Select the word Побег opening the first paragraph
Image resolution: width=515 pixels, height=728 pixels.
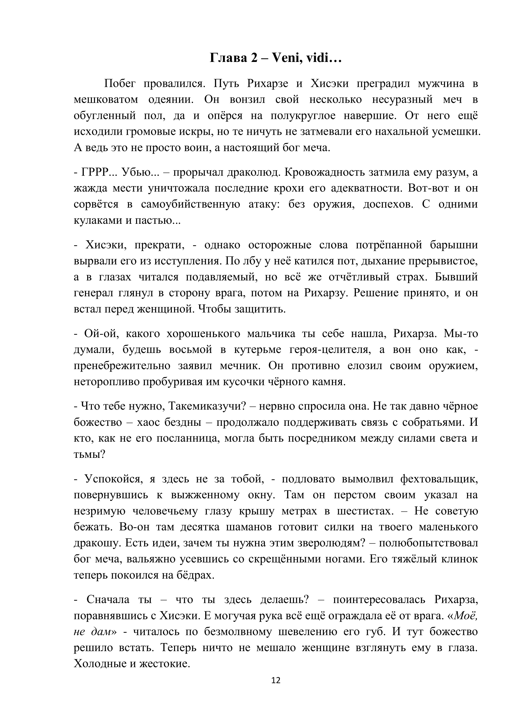tap(120, 84)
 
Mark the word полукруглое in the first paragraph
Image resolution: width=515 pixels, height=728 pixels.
tap(303, 116)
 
